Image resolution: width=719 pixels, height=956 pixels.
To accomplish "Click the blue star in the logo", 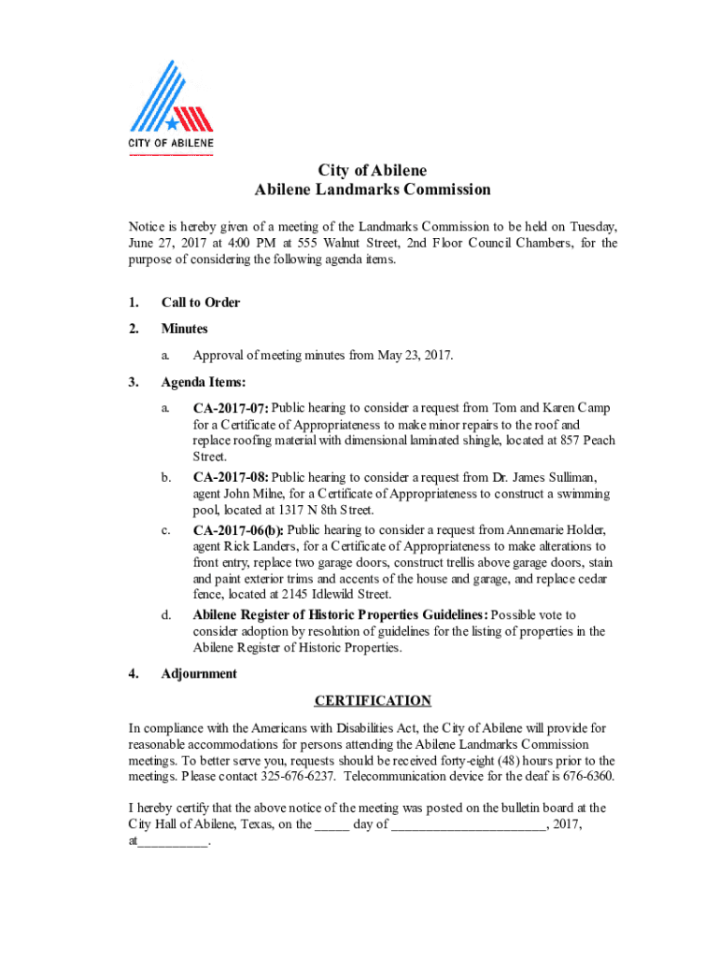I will click(173, 122).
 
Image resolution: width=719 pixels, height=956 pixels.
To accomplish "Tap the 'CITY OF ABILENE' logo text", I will click(171, 143).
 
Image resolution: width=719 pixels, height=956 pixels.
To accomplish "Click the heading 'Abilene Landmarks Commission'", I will click(373, 190).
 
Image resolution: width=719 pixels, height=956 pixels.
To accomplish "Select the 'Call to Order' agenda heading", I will click(201, 302).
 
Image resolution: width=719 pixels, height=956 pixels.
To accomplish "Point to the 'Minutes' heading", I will click(185, 329).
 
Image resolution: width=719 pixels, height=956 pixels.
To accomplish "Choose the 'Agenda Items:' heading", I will click(204, 382).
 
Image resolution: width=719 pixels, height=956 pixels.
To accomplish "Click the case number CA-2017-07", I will click(231, 408).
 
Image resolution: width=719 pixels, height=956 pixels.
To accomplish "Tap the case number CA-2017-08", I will click(231, 477).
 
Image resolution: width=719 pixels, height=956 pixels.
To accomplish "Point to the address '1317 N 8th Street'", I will click(325, 511).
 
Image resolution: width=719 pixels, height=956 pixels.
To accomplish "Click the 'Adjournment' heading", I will click(199, 674).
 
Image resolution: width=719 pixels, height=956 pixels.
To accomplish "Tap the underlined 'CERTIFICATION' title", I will click(373, 701).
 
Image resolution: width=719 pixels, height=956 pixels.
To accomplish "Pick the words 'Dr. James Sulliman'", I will click(526, 477).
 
